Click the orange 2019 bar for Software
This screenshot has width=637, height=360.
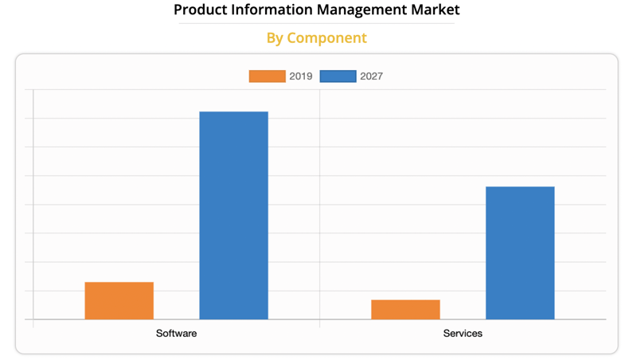pyautogui.click(x=119, y=301)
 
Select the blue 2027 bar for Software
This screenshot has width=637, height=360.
pyautogui.click(x=233, y=215)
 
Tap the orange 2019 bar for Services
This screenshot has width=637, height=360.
pyautogui.click(x=405, y=310)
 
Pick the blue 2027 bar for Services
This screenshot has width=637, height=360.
pyautogui.click(x=520, y=253)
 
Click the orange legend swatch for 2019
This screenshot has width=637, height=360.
pyautogui.click(x=267, y=76)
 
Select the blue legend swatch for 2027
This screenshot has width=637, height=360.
pyautogui.click(x=338, y=76)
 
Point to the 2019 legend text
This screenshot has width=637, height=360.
pyautogui.click(x=301, y=76)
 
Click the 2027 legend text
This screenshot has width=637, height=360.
pyautogui.click(x=371, y=76)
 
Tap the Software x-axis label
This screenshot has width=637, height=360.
pyautogui.click(x=176, y=333)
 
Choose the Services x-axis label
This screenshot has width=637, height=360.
pyautogui.click(x=463, y=333)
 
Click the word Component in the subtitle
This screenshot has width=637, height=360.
pyautogui.click(x=327, y=38)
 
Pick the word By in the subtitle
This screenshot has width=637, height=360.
pyautogui.click(x=275, y=38)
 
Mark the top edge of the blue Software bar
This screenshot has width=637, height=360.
pyautogui.click(x=233, y=112)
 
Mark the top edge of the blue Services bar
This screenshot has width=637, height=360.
pyautogui.click(x=520, y=187)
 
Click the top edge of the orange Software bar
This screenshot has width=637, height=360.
pyautogui.click(x=119, y=283)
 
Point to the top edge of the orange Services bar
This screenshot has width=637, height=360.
pyautogui.click(x=405, y=300)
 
